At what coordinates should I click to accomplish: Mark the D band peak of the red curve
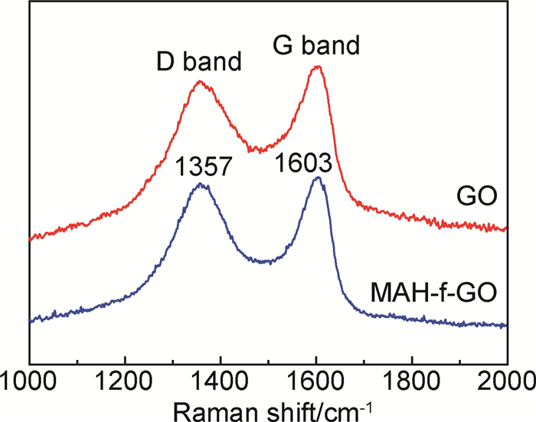200,82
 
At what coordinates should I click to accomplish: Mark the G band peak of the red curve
317,67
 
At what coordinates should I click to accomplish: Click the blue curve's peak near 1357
201,184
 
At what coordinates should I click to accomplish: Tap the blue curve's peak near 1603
316,178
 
